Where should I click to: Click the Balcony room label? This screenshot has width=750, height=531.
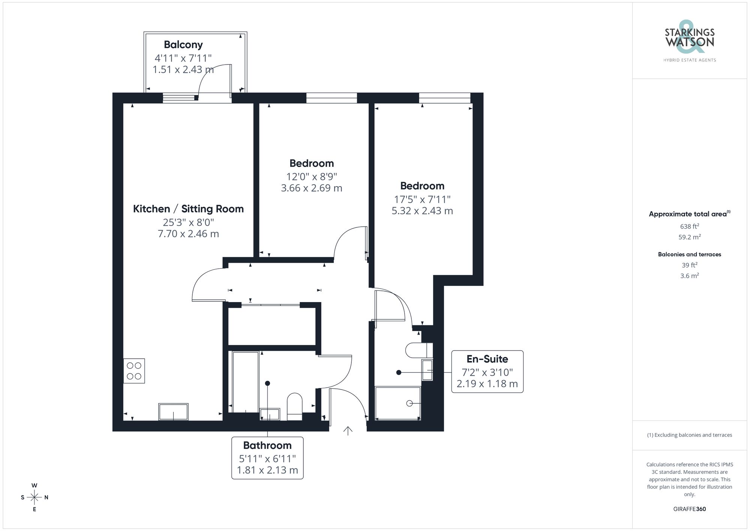coord(183,45)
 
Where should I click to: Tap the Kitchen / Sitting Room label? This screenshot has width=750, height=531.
coord(188,209)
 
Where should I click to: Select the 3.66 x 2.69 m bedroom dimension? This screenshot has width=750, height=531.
coord(311,188)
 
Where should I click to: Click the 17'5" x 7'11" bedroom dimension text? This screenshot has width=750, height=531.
coord(422,199)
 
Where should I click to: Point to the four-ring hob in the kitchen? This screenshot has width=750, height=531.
coord(134,371)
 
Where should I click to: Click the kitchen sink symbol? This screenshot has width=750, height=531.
coord(173,412)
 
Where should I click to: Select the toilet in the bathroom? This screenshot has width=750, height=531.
coord(295,406)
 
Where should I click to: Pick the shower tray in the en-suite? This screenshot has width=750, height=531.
coord(398,403)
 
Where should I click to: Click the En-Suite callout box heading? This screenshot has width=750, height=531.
coord(487,359)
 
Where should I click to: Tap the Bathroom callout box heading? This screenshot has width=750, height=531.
coord(267,445)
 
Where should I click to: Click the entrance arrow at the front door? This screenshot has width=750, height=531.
coord(348,431)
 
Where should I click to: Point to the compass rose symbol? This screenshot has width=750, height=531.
coord(34,498)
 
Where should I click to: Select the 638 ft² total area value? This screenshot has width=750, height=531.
coord(689,226)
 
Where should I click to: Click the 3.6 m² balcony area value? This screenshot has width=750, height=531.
coord(689,276)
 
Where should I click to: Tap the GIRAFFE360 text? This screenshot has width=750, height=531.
coord(689,509)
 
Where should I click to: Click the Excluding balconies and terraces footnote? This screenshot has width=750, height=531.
coord(689,435)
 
